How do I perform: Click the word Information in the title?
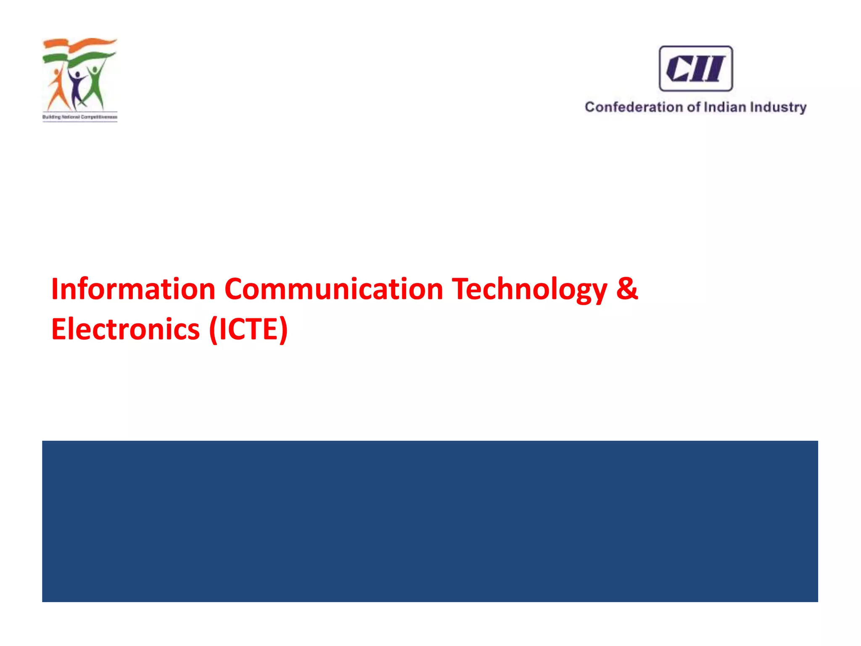pos(133,289)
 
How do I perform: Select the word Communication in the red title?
pos(334,289)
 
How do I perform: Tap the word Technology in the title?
pos(529,290)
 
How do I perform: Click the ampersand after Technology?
pos(627,289)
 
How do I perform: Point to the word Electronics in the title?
pos(125,329)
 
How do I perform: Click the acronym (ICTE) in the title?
pos(248,329)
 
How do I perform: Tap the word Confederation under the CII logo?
pos(634,107)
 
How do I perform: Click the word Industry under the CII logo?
pos(778,108)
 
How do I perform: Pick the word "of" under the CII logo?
pos(693,107)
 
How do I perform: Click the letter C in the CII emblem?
pos(677,69)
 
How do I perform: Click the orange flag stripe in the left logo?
pos(80,43)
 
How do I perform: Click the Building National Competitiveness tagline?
pos(80,117)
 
